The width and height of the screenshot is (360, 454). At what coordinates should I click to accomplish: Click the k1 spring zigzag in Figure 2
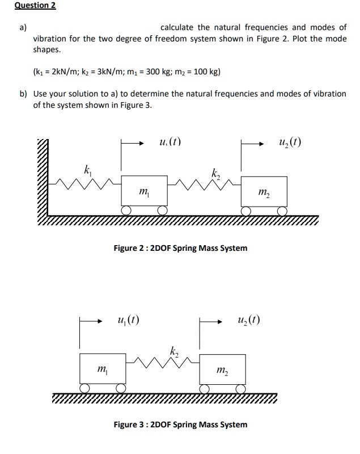click(85, 183)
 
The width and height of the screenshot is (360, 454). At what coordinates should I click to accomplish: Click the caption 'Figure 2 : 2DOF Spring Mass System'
click(180, 248)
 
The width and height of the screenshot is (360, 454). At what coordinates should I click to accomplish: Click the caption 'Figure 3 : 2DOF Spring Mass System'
click(180, 424)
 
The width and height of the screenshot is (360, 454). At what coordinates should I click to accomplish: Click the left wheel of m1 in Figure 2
click(128, 211)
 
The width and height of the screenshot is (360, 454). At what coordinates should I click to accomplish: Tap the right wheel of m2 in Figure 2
click(283, 211)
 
